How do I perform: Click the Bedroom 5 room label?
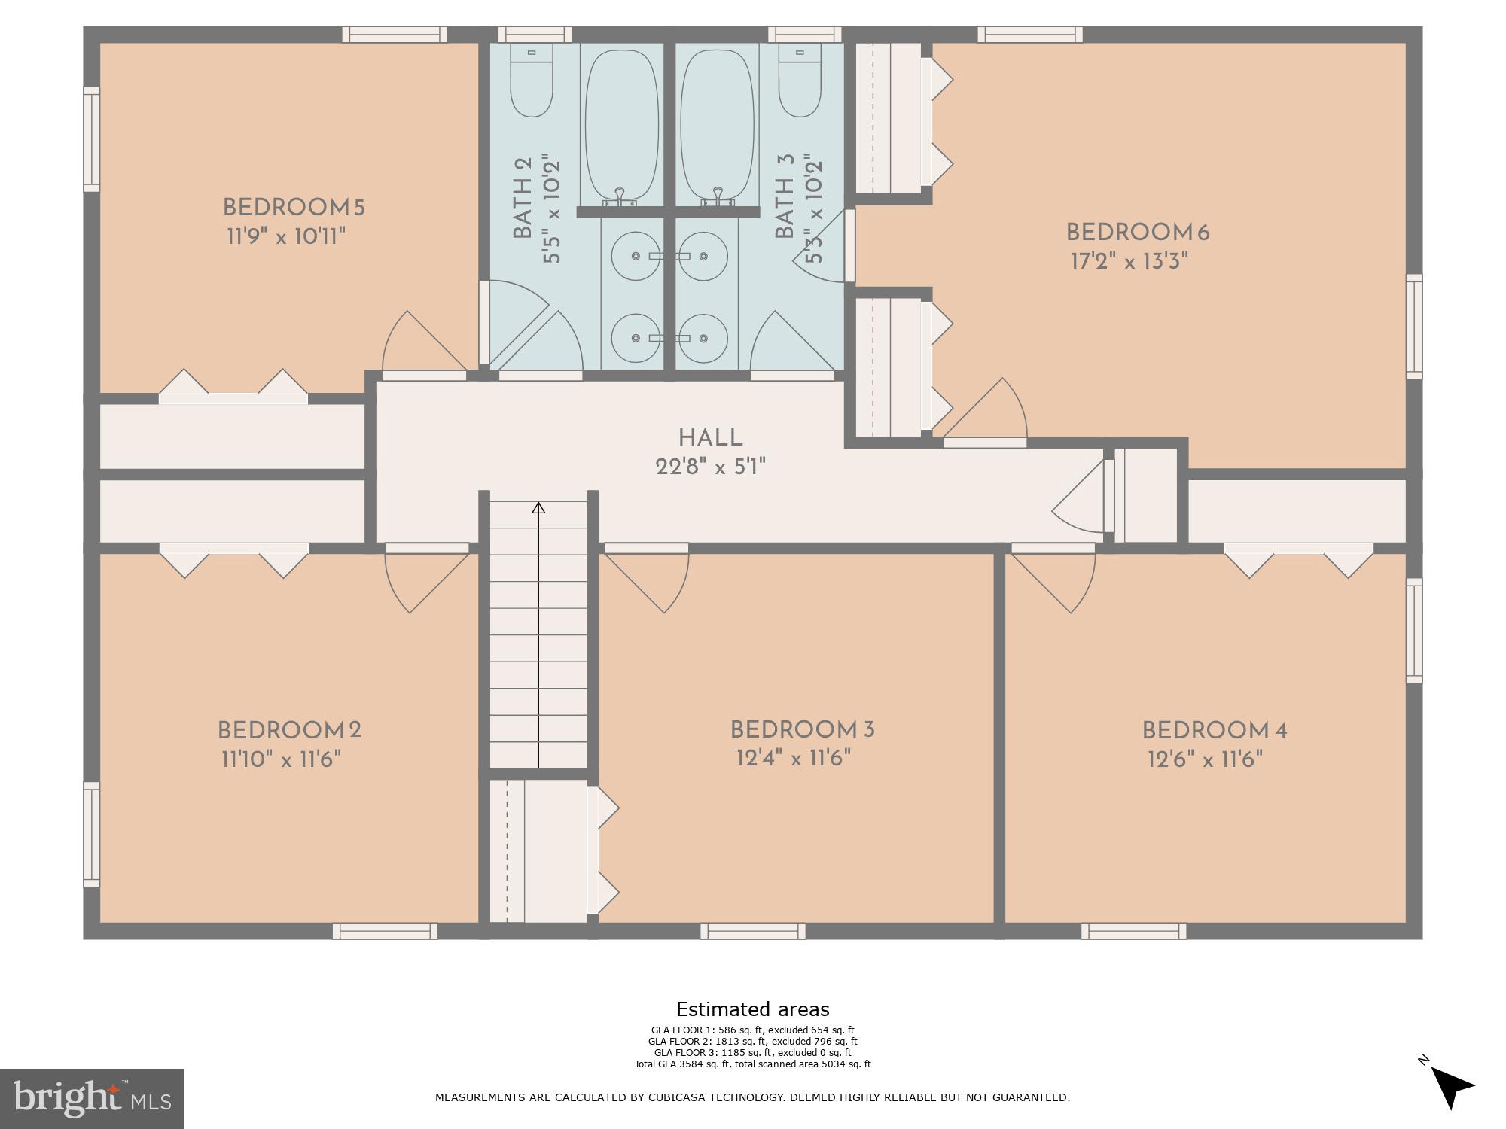click(293, 207)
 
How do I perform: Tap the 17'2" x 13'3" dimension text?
click(1129, 261)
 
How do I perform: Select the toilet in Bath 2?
click(532, 81)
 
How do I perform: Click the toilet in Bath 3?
click(800, 81)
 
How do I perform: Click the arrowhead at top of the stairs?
click(538, 507)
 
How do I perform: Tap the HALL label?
click(710, 437)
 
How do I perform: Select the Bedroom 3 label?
click(802, 729)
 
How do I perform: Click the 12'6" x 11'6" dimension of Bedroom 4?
click(1205, 759)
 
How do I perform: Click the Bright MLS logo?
click(92, 1099)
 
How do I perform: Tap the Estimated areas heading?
click(752, 1009)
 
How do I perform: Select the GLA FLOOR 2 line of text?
click(752, 1041)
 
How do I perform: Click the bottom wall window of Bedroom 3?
click(752, 931)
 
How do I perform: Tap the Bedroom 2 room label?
click(289, 730)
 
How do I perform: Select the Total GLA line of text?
click(752, 1064)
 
